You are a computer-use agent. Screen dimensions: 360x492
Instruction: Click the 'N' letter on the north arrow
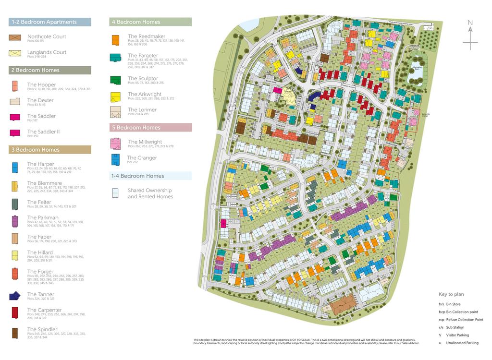pos(470,23)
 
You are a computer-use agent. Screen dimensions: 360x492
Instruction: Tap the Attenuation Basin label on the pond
pos(417,68)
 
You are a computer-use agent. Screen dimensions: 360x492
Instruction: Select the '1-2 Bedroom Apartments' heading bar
pos(50,22)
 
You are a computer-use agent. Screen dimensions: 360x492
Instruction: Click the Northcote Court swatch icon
pos(15,37)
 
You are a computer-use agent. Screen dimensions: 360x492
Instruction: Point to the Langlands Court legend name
pos(47,52)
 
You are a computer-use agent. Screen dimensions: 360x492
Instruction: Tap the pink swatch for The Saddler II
pos(15,133)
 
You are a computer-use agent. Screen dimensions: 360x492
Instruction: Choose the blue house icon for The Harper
pos(15,167)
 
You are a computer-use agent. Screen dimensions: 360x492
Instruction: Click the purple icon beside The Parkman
pos(15,220)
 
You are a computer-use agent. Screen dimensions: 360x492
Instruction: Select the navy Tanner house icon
pos(15,296)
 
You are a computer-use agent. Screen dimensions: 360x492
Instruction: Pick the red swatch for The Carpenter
pos(15,312)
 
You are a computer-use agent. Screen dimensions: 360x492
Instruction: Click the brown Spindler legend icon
pos(15,332)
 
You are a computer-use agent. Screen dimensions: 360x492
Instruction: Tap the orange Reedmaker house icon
pos(115,39)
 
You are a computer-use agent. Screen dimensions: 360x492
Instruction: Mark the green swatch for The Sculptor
pos(115,80)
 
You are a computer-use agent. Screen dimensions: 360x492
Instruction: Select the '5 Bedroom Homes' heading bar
pos(151,128)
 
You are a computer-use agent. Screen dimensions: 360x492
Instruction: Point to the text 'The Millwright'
pos(145,142)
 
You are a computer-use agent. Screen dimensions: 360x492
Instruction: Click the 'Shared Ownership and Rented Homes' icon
pos(115,193)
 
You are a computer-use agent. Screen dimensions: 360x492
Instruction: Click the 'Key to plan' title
pos(451,294)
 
